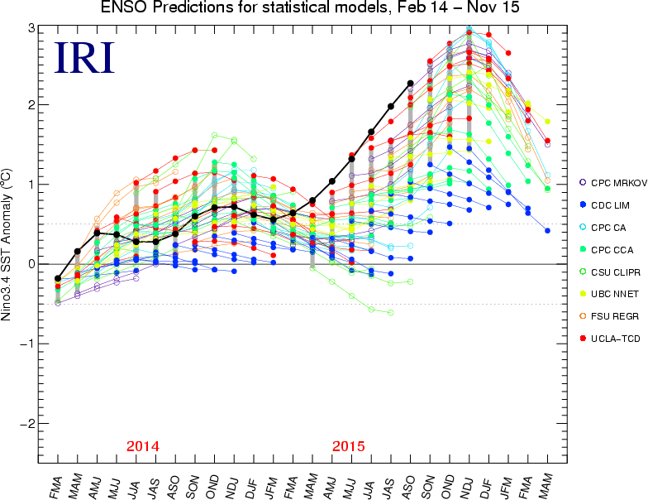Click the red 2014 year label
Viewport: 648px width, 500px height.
tap(142, 446)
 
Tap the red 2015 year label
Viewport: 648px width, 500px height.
tap(348, 446)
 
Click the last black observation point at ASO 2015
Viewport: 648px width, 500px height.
tap(411, 83)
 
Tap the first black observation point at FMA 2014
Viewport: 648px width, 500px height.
tap(58, 279)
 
